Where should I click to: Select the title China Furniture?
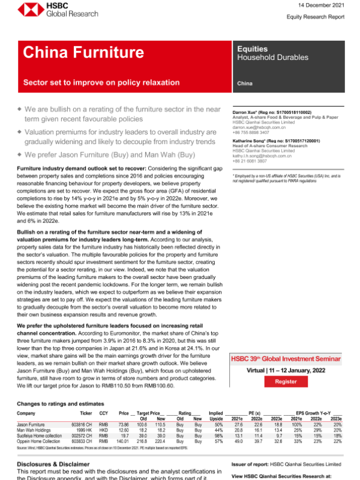(77, 53)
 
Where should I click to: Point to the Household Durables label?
(271, 58)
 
